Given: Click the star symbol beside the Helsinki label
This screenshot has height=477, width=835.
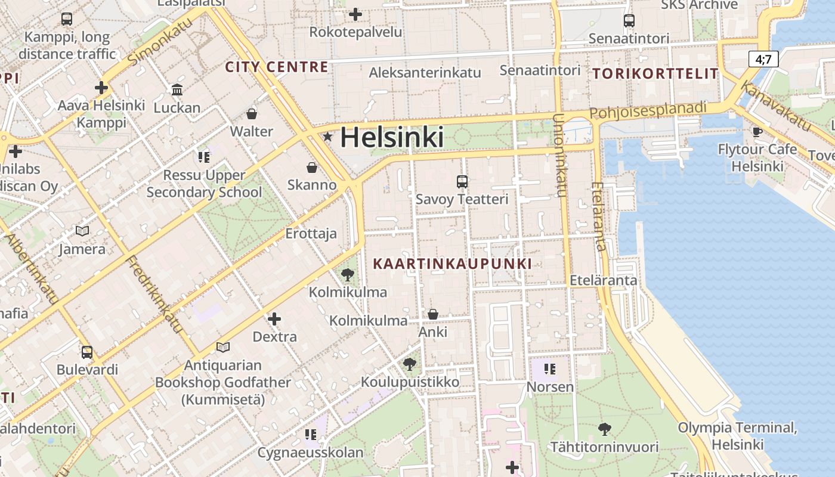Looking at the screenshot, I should (327, 137).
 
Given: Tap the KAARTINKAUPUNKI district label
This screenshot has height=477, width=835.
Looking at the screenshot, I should (452, 263).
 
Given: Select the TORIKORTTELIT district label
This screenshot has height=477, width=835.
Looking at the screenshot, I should (655, 74).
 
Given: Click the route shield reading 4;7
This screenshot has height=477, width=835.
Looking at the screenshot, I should (763, 59).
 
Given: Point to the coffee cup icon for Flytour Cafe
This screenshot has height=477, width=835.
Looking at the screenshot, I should (757, 132).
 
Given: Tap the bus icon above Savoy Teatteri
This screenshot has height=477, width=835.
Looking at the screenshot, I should (462, 181).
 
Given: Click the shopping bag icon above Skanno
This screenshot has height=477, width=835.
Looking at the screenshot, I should (311, 168).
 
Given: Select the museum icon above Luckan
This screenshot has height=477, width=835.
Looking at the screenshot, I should (177, 90).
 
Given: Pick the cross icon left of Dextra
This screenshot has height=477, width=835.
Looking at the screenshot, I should (274, 319).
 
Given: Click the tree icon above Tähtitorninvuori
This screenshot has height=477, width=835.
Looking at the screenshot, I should (604, 429).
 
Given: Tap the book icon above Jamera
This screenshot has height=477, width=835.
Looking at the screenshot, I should (82, 231).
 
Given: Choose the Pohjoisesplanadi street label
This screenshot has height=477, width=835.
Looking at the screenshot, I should (648, 110).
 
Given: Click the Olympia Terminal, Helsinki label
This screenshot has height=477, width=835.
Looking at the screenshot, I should (737, 436).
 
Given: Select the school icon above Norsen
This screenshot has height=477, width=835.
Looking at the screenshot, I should (550, 369).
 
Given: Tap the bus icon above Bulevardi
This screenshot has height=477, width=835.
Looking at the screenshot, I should (87, 352).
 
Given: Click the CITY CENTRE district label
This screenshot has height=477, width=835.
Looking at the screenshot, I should (276, 67).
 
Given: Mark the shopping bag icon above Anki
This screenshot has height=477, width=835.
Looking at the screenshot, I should (433, 314).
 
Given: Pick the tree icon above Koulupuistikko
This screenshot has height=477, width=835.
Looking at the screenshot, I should (409, 364).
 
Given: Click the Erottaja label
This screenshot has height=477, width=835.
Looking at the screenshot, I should (311, 234).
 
